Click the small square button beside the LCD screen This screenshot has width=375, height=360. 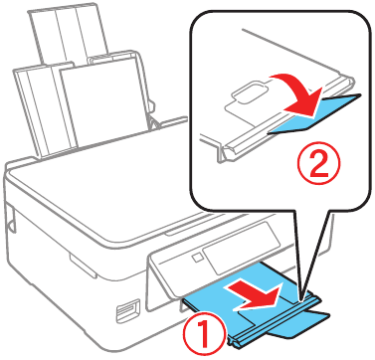pyautogui.click(x=197, y=257)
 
